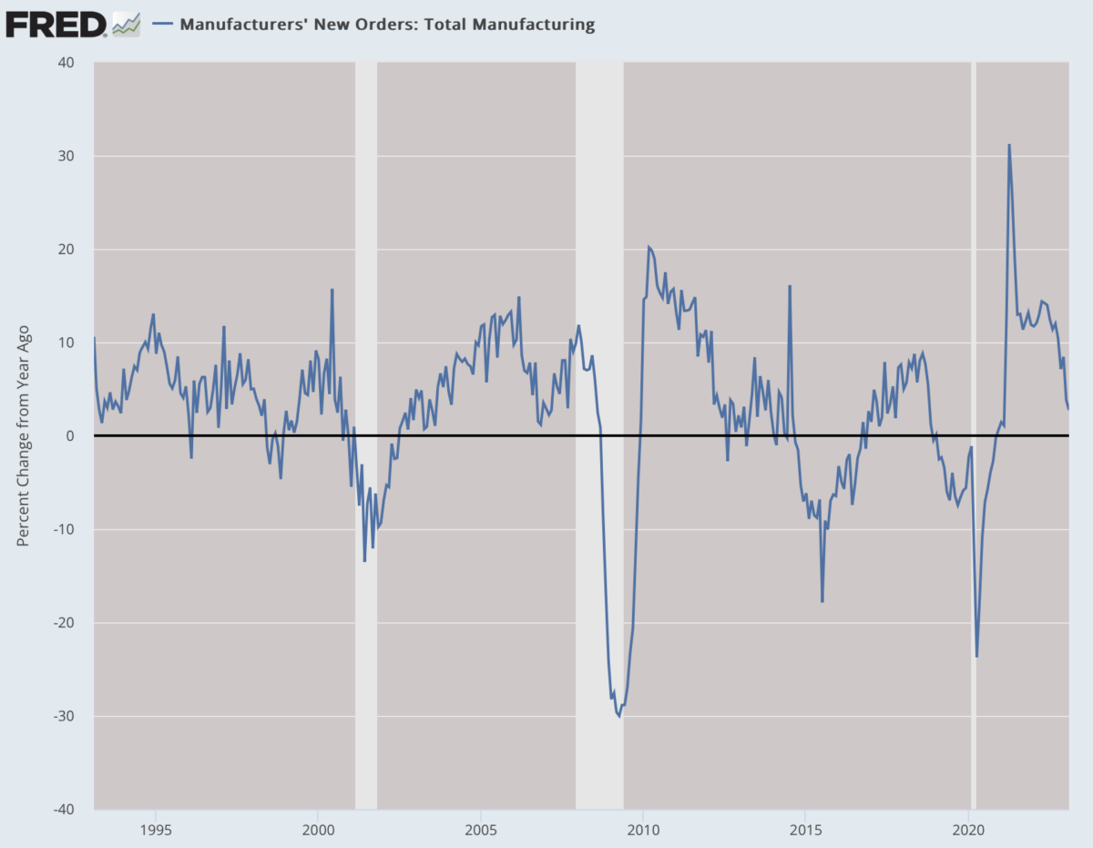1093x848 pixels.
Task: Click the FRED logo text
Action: [56, 24]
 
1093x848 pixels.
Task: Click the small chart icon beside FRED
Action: [126, 25]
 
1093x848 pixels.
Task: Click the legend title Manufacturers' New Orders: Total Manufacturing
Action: [387, 25]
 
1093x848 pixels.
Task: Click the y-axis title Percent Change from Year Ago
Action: [24, 435]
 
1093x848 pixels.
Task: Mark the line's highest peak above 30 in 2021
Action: [1008, 145]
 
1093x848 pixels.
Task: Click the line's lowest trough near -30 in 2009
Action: [619, 716]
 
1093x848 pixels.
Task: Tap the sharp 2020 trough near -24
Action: [976, 656]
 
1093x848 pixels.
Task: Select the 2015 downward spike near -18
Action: [822, 601]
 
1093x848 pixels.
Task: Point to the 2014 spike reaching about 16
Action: [790, 286]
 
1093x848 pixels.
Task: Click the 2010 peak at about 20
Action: [649, 247]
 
